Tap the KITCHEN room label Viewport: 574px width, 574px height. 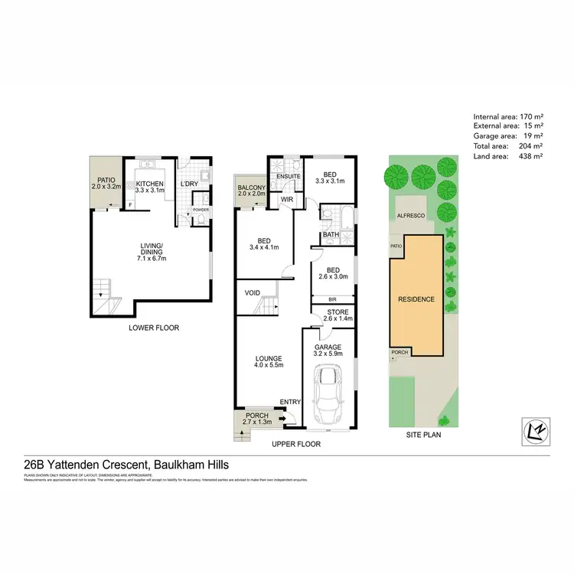(151, 184)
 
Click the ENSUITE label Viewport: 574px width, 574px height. (287, 175)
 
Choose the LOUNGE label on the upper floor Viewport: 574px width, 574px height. (270, 358)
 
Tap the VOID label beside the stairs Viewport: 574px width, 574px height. (253, 293)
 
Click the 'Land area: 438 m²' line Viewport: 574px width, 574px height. (509, 155)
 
